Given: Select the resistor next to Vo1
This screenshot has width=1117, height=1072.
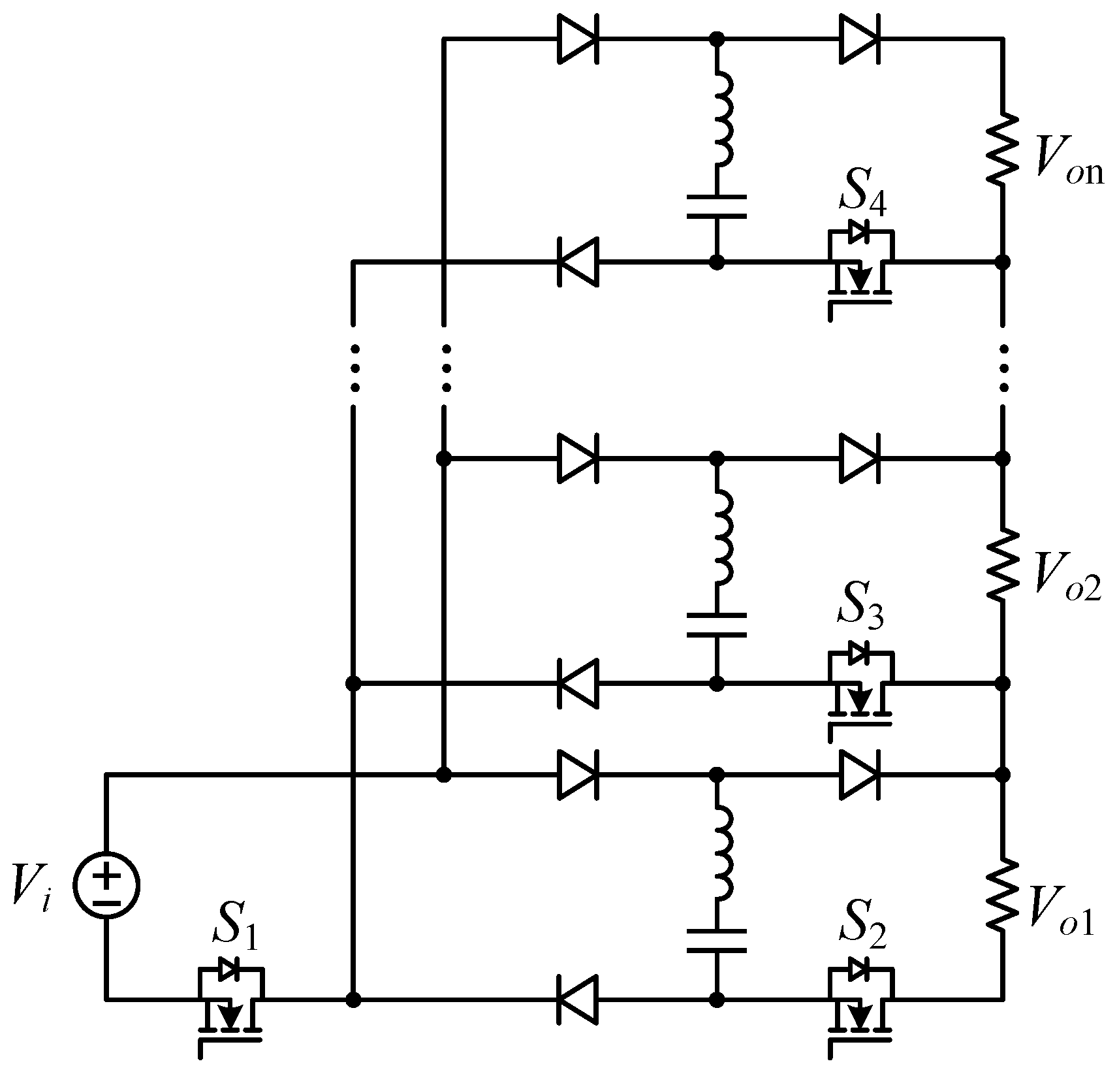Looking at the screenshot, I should click(1002, 894).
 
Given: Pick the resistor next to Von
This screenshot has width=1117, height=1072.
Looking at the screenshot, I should click(1002, 149).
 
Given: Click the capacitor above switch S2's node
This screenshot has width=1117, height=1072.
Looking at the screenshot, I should click(716, 940).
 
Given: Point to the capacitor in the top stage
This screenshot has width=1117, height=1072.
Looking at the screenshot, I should click(716, 205).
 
